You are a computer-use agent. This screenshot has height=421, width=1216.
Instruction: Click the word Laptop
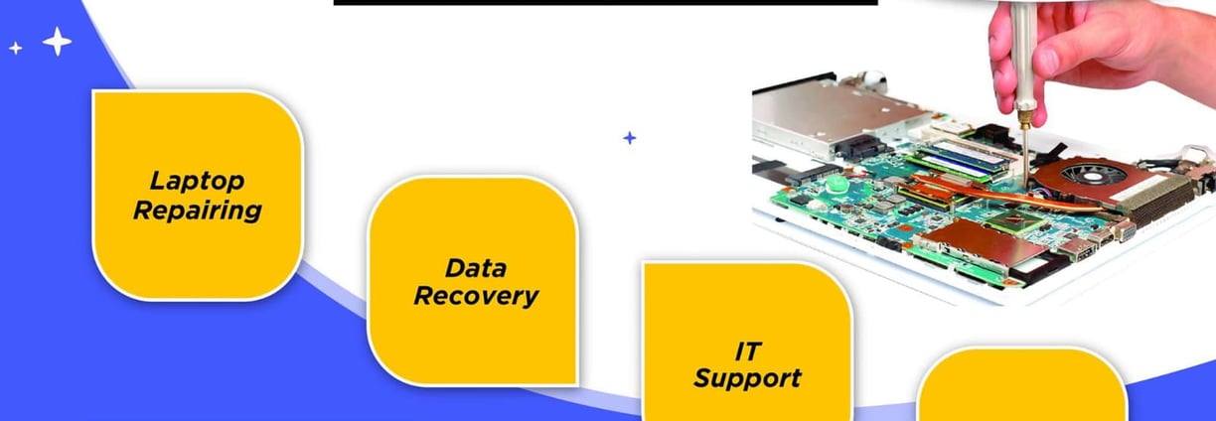click(198, 181)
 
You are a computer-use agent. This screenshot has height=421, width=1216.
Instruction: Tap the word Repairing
click(198, 210)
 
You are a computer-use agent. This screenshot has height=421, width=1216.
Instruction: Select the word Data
click(475, 267)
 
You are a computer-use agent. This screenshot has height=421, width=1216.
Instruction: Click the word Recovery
click(475, 296)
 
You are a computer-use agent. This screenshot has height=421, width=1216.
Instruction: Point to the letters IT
click(747, 351)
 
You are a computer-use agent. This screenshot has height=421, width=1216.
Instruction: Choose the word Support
click(747, 378)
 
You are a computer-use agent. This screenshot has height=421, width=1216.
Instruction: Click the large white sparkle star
click(57, 42)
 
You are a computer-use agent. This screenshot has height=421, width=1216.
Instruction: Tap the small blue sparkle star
click(629, 138)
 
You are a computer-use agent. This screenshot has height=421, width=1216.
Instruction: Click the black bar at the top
click(605, 3)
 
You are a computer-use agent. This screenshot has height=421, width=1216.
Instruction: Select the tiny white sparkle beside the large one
click(15, 47)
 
